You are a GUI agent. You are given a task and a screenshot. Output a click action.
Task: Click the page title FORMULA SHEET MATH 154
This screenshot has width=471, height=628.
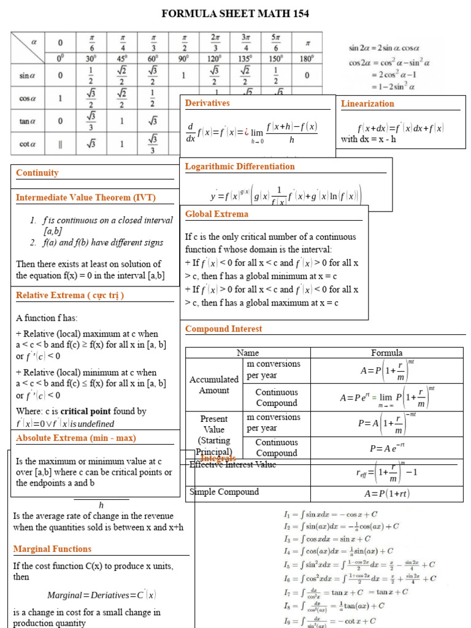(x=235, y=13)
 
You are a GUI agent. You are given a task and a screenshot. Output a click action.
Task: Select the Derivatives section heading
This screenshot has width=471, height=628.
(x=207, y=103)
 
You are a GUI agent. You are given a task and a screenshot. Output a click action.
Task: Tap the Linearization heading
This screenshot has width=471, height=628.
(x=367, y=104)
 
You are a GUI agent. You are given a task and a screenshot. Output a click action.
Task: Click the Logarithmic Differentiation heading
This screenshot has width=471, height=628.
(x=240, y=166)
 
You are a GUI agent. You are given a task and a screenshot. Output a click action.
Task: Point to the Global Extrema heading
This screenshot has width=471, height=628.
(x=216, y=214)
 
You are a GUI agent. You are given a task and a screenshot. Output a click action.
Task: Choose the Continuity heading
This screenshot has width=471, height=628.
(x=37, y=173)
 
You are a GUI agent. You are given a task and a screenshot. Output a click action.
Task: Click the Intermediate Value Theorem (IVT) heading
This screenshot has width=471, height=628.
(x=86, y=197)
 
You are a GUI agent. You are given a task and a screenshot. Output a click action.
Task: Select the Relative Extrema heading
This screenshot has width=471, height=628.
(x=70, y=295)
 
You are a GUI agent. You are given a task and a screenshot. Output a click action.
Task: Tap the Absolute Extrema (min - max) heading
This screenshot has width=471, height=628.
(x=76, y=438)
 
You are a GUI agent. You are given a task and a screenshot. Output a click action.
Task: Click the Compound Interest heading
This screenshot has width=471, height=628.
(x=223, y=329)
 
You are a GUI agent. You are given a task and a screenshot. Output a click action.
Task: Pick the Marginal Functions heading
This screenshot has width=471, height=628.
(x=52, y=549)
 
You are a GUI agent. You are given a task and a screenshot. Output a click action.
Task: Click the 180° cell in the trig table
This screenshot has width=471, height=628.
(x=307, y=59)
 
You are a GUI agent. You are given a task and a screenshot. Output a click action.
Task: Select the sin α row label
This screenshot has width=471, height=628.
(x=28, y=75)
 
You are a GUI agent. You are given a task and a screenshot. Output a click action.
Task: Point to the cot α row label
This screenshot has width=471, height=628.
(x=28, y=145)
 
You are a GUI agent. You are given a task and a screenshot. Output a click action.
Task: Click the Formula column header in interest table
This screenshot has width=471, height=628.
(x=387, y=353)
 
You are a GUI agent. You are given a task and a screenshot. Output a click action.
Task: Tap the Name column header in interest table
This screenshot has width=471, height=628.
(x=248, y=353)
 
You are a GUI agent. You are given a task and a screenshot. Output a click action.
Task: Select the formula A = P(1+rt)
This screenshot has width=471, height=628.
(x=387, y=494)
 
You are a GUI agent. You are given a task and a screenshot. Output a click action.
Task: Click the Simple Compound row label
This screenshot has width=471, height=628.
(x=224, y=492)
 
